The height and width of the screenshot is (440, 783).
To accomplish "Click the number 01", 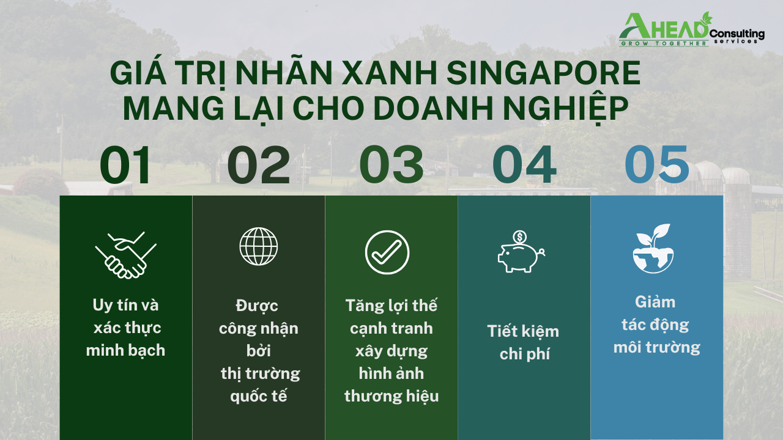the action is click(125, 165).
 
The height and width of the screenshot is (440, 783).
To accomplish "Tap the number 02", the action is click(259, 165).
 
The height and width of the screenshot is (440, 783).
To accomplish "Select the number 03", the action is click(391, 165).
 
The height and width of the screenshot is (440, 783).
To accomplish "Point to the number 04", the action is click(524, 165).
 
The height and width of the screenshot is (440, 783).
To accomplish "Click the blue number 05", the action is click(657, 165).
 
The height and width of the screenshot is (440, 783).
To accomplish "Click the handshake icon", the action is click(126, 255).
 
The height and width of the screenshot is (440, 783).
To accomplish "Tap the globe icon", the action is click(259, 246).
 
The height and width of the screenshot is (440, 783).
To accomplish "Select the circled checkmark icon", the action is click(387, 252).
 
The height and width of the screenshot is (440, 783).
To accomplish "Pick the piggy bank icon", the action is click(521, 251).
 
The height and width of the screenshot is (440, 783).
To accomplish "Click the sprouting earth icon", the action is click(653, 249).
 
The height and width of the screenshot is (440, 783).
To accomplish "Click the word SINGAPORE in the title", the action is click(543, 73).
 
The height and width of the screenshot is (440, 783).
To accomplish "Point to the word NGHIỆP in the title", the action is click(566, 108).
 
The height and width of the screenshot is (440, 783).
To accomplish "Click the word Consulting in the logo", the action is click(737, 34).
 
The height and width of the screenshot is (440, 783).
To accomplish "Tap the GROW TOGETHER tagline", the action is click(664, 43).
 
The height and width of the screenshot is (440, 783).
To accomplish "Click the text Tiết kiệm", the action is click(523, 331).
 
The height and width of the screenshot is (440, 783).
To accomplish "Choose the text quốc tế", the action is click(259, 396).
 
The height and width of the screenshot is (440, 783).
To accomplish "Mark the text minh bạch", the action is click(125, 350).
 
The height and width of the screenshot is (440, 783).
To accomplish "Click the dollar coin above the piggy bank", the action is click(520, 237).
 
